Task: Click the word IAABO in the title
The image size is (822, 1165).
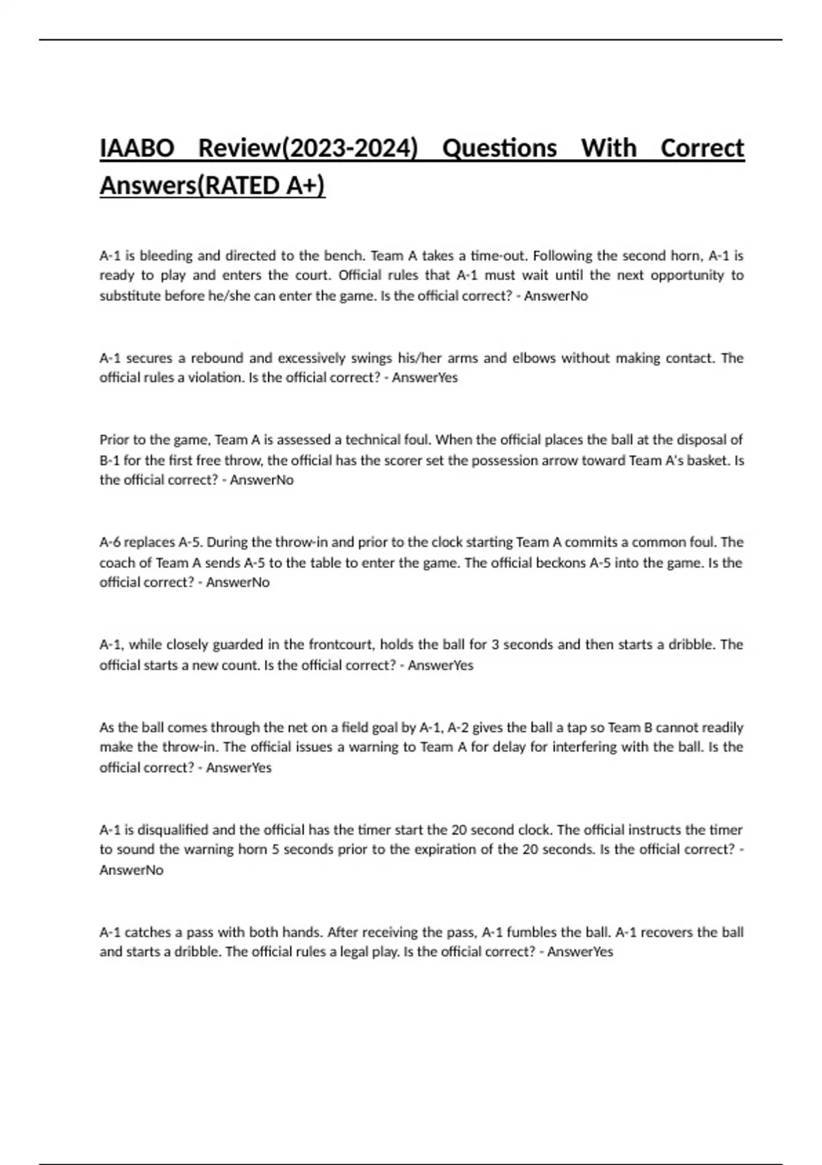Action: click(x=137, y=149)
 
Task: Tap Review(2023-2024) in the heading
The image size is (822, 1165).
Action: click(x=308, y=149)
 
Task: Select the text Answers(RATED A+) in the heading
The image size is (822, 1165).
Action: click(x=212, y=186)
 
